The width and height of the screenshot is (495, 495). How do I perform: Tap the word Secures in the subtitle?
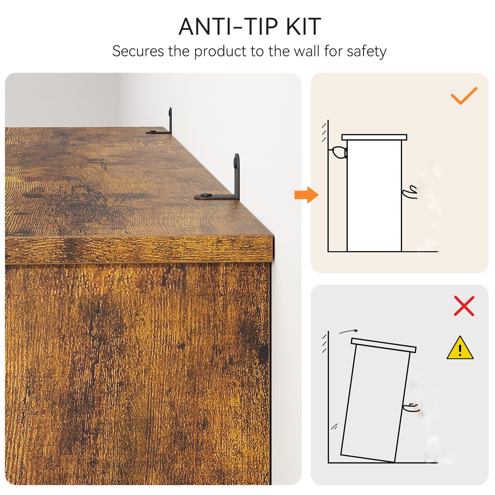(138, 51)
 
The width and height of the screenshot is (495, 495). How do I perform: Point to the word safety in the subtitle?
(366, 51)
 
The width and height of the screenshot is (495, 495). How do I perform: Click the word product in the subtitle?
(220, 51)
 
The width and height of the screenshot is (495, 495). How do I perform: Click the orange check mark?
(464, 96)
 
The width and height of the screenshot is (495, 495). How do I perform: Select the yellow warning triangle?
(460, 348)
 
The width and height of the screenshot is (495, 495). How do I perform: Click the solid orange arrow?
(306, 195)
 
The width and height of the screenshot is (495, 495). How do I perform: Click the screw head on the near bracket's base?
(206, 195)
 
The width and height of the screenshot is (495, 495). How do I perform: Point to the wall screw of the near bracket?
(235, 161)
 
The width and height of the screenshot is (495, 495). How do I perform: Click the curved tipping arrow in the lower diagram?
(348, 331)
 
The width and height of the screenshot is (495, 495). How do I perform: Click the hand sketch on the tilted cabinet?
(411, 407)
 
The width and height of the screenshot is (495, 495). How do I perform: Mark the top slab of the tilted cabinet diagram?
(384, 345)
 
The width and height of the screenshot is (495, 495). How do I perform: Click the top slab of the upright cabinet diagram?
(374, 137)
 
